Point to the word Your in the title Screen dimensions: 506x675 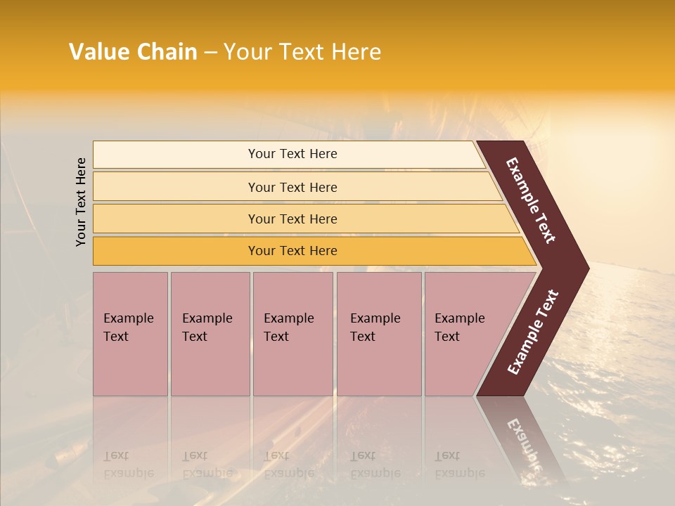pos(247,52)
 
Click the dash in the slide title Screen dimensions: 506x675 pos(210,53)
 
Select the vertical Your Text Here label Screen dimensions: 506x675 pos(81,202)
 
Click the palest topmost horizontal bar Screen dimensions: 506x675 pos(292,154)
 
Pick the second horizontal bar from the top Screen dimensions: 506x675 pos(292,187)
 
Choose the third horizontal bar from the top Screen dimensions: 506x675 pos(292,219)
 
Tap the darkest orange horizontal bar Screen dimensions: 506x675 pos(292,251)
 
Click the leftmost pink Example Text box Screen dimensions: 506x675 pos(130,334)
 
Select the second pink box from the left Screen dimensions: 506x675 pos(210,334)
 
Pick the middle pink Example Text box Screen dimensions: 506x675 pos(292,334)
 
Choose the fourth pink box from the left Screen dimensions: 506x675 pos(378,334)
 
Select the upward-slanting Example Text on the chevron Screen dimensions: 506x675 pos(533,332)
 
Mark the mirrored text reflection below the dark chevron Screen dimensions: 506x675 pos(525,443)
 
